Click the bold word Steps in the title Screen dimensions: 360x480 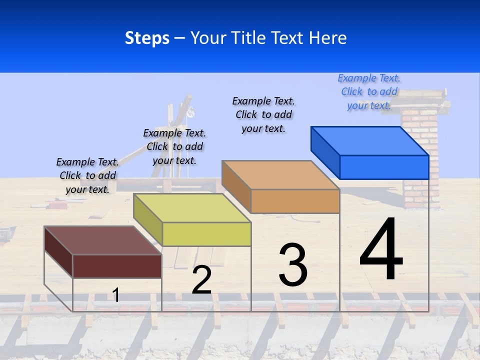click(147, 38)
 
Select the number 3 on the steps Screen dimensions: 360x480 click(293, 265)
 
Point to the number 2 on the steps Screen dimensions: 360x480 click(201, 280)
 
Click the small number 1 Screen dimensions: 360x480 click(115, 295)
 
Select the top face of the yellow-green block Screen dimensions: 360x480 click(192, 208)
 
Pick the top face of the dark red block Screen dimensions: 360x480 click(103, 240)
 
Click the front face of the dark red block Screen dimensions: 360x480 click(117, 266)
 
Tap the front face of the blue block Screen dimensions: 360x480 click(384, 167)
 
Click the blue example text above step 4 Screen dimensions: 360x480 click(369, 92)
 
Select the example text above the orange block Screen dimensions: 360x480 click(263, 114)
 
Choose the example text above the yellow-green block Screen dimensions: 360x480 click(174, 146)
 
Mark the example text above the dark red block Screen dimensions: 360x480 click(87, 175)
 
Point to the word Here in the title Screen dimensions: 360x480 click(327, 38)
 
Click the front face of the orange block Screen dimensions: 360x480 click(295, 201)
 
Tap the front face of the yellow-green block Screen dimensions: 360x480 click(206, 234)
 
